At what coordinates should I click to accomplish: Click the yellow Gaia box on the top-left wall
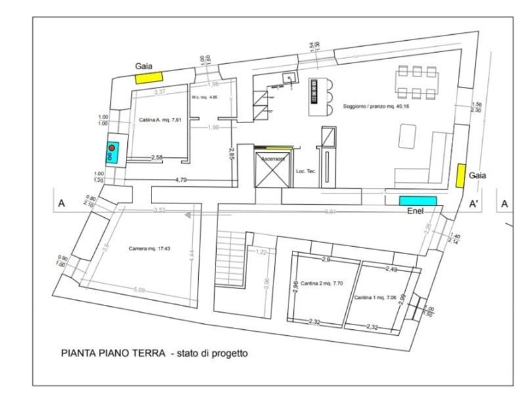[150, 78]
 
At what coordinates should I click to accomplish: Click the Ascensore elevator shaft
[272, 169]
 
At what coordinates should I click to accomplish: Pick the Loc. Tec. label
[306, 171]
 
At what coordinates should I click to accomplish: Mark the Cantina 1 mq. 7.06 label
[375, 298]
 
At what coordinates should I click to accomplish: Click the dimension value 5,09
[139, 290]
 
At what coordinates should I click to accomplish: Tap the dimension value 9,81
[330, 212]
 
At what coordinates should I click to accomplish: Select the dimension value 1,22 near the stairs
[261, 252]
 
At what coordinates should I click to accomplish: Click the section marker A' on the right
[473, 205]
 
